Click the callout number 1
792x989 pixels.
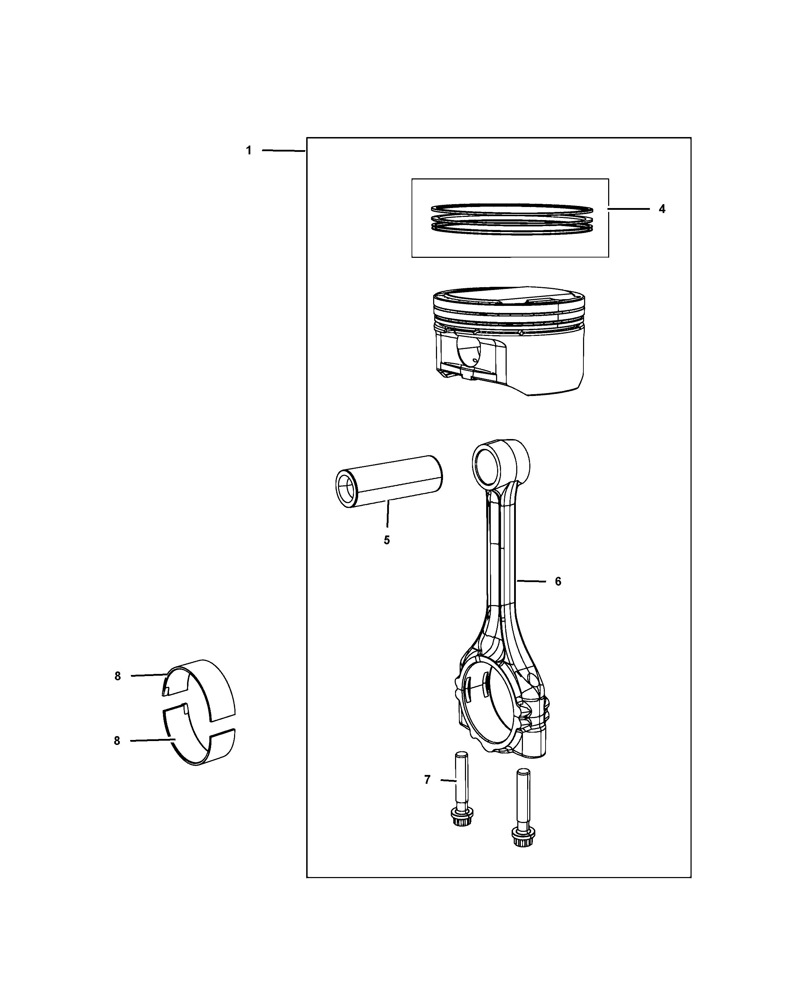pyautogui.click(x=249, y=150)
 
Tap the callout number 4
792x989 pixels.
pyautogui.click(x=662, y=209)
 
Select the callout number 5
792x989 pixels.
pyautogui.click(x=386, y=540)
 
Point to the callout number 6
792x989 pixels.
pyautogui.click(x=558, y=582)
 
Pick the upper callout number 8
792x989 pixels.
pyautogui.click(x=117, y=676)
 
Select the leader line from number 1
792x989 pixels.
pyautogui.click(x=283, y=150)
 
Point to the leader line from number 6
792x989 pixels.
pyautogui.click(x=532, y=581)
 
